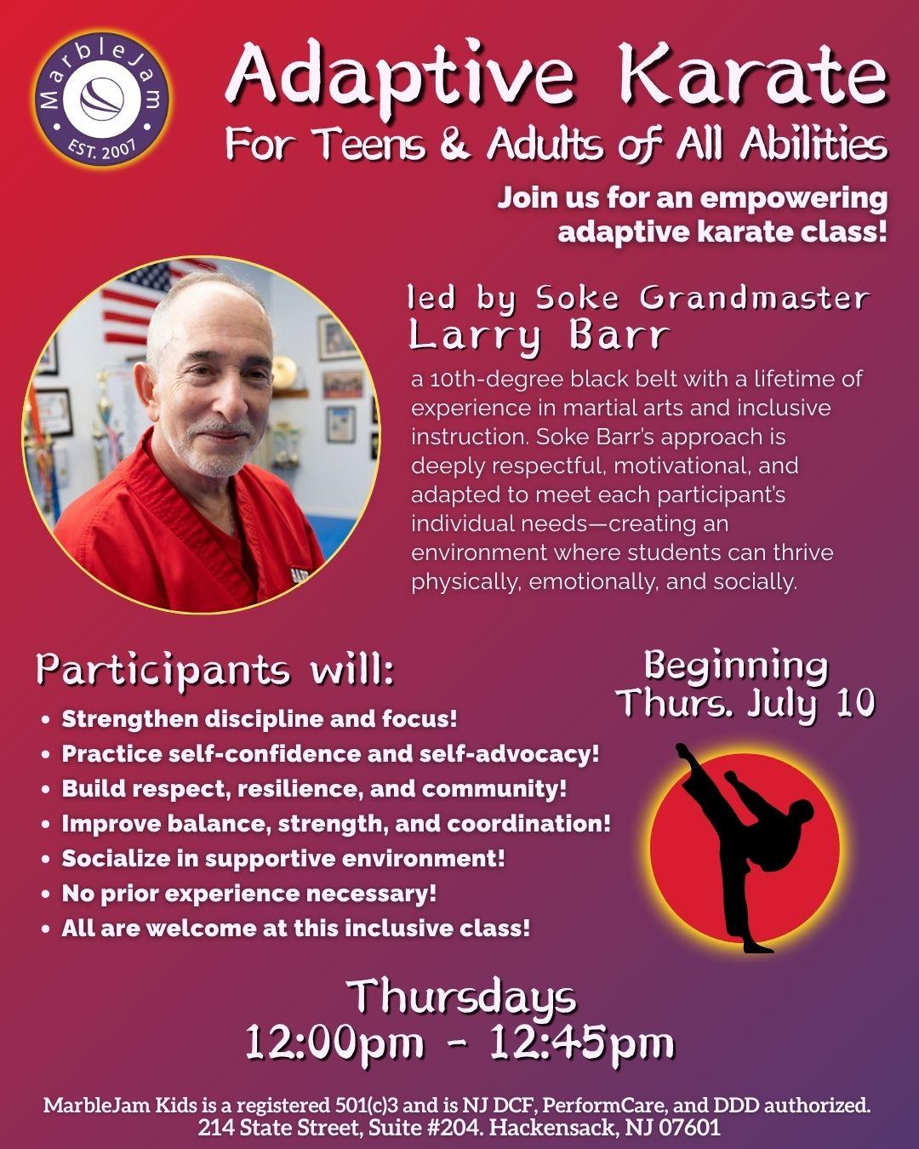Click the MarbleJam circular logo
(101, 100)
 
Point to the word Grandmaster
(755, 298)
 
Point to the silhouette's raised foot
(682, 752)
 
